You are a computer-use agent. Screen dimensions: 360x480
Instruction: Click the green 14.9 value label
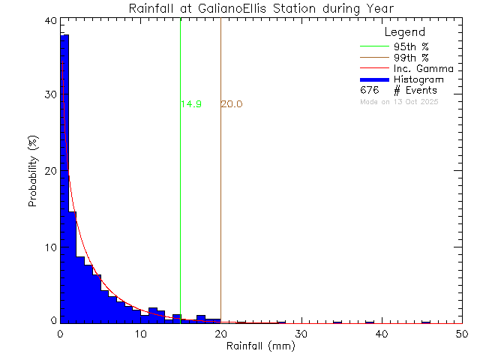click(191, 104)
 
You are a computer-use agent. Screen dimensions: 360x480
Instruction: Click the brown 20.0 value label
click(231, 104)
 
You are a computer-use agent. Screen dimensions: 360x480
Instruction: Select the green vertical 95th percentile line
click(181, 187)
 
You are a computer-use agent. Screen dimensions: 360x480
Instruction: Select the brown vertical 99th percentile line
click(220, 187)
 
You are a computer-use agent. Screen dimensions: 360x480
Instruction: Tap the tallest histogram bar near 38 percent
click(64, 180)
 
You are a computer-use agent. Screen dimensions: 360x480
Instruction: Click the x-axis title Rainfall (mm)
click(260, 346)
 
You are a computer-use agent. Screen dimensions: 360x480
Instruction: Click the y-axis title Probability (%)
click(34, 172)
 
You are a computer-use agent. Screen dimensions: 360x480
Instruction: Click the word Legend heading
click(405, 33)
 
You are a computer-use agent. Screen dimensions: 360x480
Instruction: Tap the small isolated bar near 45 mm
click(426, 322)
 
